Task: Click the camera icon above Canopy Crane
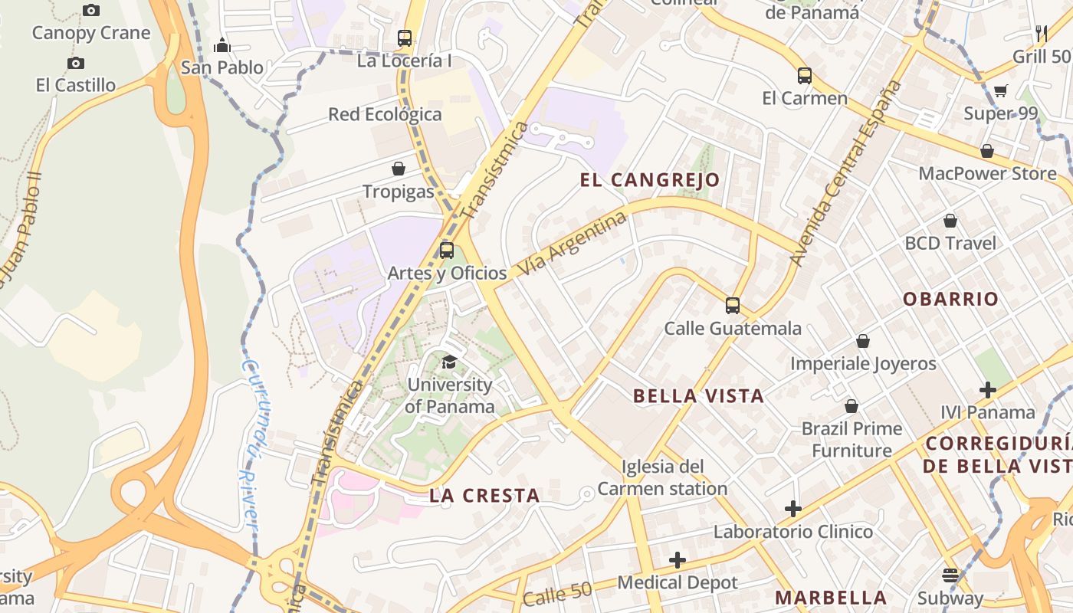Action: click(x=91, y=10)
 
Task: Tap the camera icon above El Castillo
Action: click(x=75, y=63)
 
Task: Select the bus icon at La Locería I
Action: click(x=404, y=38)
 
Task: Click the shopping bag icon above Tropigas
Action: click(x=399, y=169)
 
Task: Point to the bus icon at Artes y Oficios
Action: click(x=447, y=251)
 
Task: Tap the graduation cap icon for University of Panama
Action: click(x=449, y=362)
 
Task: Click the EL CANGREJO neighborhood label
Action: click(x=650, y=180)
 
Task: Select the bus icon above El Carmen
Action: click(x=804, y=76)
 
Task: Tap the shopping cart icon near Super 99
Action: click(x=1000, y=92)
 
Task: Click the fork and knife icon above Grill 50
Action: click(x=1041, y=33)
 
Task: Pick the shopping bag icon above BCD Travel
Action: click(x=950, y=221)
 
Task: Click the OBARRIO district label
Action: click(x=950, y=299)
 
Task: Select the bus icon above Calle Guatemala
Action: click(x=732, y=306)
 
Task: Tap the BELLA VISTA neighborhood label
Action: click(x=698, y=396)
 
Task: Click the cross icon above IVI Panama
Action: click(x=988, y=390)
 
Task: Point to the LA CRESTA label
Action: click(x=484, y=496)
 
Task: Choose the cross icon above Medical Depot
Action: click(x=677, y=560)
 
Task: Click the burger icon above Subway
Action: click(x=950, y=575)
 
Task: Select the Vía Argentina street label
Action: click(x=572, y=244)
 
